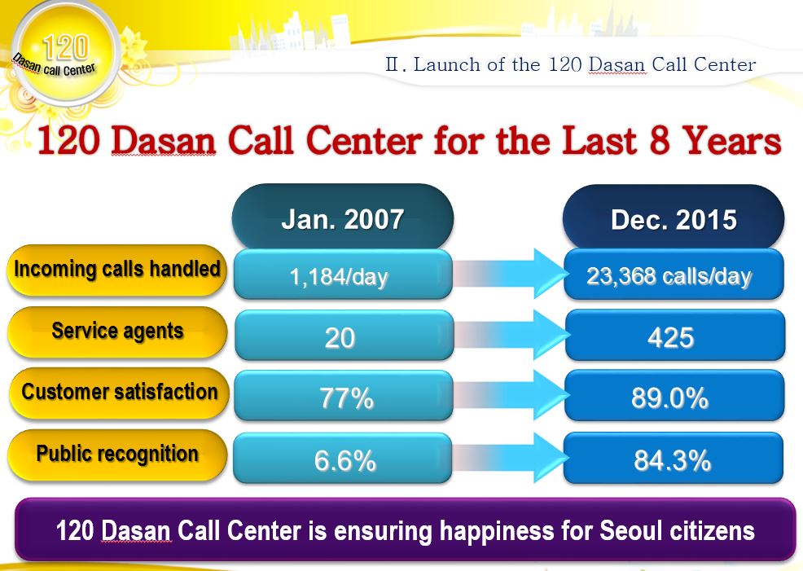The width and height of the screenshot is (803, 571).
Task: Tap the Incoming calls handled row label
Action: point(117,270)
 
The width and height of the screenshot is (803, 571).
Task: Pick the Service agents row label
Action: point(117,332)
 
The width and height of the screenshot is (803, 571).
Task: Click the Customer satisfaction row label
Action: point(120,393)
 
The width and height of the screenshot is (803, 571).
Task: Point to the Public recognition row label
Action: point(117,455)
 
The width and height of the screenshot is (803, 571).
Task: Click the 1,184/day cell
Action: point(343,275)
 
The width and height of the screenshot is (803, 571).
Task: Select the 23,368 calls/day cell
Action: point(674,275)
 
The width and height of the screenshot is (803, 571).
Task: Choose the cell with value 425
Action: point(675,335)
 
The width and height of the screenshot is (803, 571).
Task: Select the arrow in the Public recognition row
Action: point(510,457)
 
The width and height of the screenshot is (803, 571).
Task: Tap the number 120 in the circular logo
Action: point(66,47)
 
